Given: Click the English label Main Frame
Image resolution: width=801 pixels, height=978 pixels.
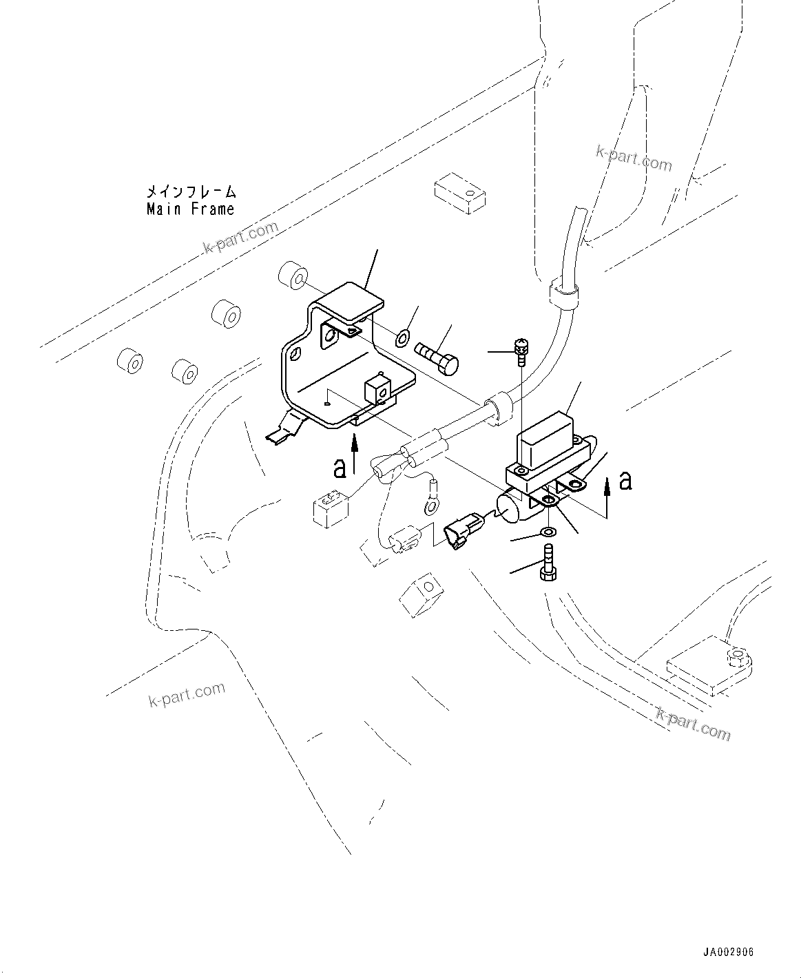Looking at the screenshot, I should (x=190, y=209).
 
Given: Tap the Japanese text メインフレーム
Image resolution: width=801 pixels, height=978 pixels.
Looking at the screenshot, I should (x=190, y=191).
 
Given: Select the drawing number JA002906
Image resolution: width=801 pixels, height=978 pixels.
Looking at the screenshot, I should (x=728, y=952).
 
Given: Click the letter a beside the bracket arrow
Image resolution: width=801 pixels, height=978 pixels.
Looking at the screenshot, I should (x=339, y=468).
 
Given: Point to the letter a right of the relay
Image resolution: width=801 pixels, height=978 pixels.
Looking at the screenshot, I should (x=625, y=480).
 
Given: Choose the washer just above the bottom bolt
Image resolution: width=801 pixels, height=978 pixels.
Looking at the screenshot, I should (x=548, y=532).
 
